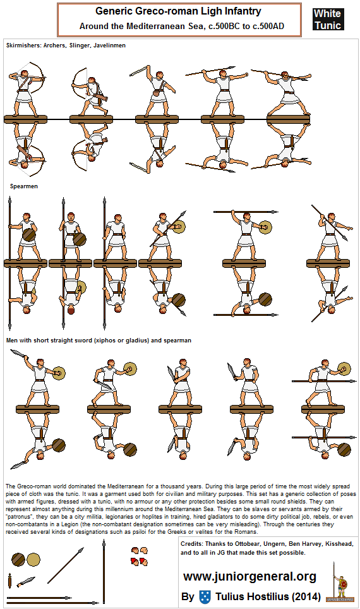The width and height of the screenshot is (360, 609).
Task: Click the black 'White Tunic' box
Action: pos(327,20)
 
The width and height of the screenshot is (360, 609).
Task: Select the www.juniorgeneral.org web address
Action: pos(249,576)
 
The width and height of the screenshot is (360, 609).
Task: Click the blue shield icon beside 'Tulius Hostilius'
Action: pos(205,596)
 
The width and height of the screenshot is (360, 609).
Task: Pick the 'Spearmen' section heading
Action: pos(24,187)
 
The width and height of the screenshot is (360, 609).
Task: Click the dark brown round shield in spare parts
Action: pos(18,560)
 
